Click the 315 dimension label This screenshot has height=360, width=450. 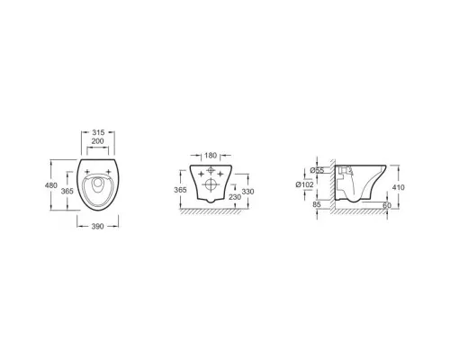point(98,132)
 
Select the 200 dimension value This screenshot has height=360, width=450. point(97,141)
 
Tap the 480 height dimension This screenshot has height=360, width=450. point(51,185)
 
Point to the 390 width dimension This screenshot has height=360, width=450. point(97,226)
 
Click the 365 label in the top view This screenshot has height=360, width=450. point(67,191)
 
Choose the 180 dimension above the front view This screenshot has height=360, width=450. point(211,156)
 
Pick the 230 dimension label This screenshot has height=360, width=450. point(235,197)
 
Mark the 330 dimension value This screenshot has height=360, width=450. point(247,192)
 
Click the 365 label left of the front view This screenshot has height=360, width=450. point(180,190)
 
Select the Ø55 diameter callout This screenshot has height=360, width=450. point(317,170)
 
